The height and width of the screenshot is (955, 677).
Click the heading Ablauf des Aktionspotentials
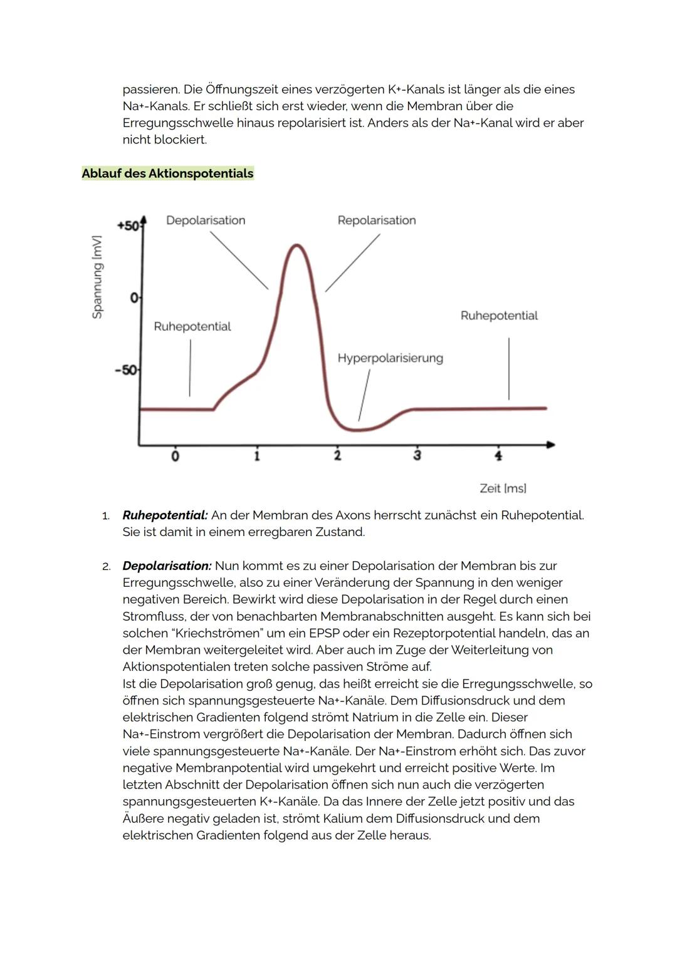point(167,173)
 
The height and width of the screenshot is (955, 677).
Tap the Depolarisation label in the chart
point(206,220)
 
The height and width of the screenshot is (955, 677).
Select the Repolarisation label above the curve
point(376,220)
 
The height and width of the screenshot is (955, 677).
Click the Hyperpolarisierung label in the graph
point(390,358)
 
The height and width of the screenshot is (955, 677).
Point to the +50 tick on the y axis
point(129,225)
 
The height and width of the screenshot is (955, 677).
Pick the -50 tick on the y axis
point(127,370)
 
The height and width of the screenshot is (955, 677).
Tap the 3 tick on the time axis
point(417,455)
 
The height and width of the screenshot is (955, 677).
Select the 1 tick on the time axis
point(256,455)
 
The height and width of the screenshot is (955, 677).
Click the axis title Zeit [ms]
point(503,488)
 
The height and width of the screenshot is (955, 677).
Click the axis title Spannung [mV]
point(97,277)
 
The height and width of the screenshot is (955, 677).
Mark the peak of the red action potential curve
point(297,245)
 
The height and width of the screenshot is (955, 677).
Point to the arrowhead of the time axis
point(550,445)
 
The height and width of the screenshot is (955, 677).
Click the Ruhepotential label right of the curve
point(499,316)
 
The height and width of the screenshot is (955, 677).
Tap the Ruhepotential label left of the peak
point(192,326)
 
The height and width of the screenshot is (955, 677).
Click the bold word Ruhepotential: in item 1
point(165,515)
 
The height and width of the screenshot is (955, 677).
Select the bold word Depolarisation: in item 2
point(167,566)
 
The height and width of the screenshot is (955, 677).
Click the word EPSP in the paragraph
point(325,633)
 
